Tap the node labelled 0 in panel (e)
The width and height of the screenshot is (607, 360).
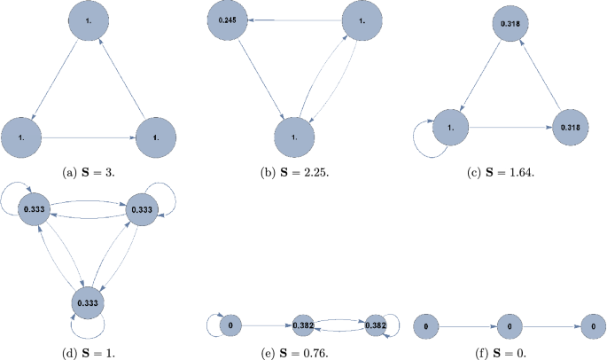[229, 325]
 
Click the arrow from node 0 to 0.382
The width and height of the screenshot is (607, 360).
[265, 325]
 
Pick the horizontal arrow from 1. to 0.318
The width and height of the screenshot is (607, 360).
[510, 127]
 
